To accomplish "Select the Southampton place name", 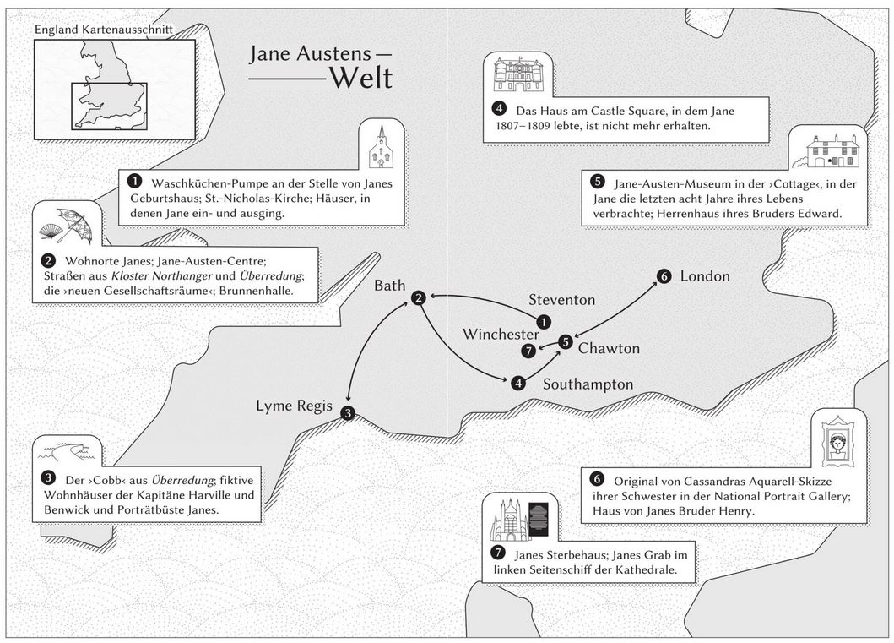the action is pos(588,384).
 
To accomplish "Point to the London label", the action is pos(705,276).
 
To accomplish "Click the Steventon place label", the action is pos(561,300).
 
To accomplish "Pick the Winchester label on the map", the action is pos(501,335).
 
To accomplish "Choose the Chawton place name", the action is pos(609,348).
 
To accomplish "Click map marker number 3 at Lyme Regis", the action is pos(348,413).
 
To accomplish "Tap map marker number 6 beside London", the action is pos(664,276).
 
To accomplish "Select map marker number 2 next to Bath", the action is pos(419,297).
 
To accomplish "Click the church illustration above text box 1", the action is pos(381,146).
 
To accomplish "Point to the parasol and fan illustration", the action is pos(68,224).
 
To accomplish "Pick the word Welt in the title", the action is pos(360,78).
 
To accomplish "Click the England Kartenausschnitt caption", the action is pos(103,30).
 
